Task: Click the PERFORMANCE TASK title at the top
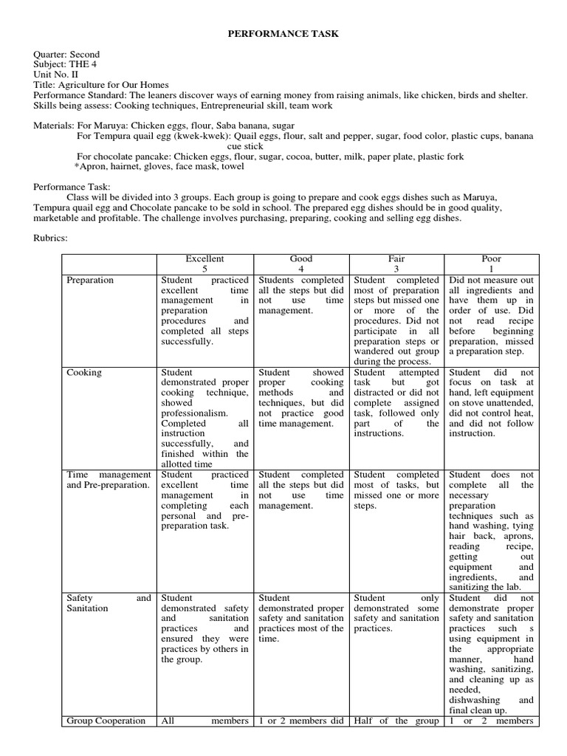tap(283, 34)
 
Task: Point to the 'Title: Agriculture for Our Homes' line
tap(101, 85)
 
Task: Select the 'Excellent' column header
tap(205, 259)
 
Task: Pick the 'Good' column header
tap(301, 259)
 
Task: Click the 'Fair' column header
tap(396, 259)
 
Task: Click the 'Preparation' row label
tap(90, 281)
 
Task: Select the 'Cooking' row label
tap(84, 373)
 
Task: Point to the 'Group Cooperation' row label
tap(106, 721)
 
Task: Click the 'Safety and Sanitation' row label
tap(109, 603)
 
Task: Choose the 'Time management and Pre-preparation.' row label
tap(109, 480)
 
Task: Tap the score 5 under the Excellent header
tap(205, 269)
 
